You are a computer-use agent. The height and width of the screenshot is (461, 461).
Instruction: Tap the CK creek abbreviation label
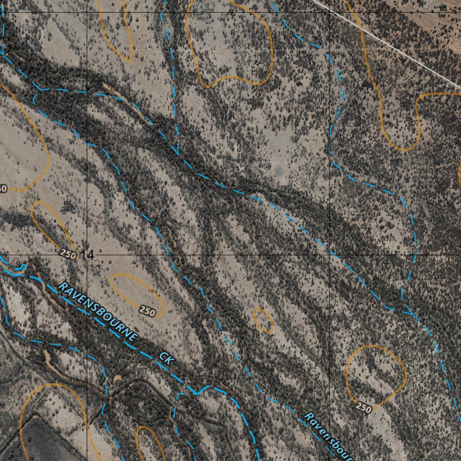point(166,358)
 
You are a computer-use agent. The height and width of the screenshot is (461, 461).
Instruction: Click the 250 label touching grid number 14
point(68,254)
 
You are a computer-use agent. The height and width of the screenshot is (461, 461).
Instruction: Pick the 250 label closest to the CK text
point(147,310)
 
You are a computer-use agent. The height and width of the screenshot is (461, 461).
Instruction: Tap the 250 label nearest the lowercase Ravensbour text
point(364,408)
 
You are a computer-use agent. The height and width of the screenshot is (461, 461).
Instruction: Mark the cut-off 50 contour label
point(3,188)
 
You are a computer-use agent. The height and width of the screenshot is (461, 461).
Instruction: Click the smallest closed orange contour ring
point(263,320)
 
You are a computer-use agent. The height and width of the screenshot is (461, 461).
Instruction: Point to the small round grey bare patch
point(279,170)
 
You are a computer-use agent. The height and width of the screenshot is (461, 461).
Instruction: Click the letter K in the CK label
point(169,361)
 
